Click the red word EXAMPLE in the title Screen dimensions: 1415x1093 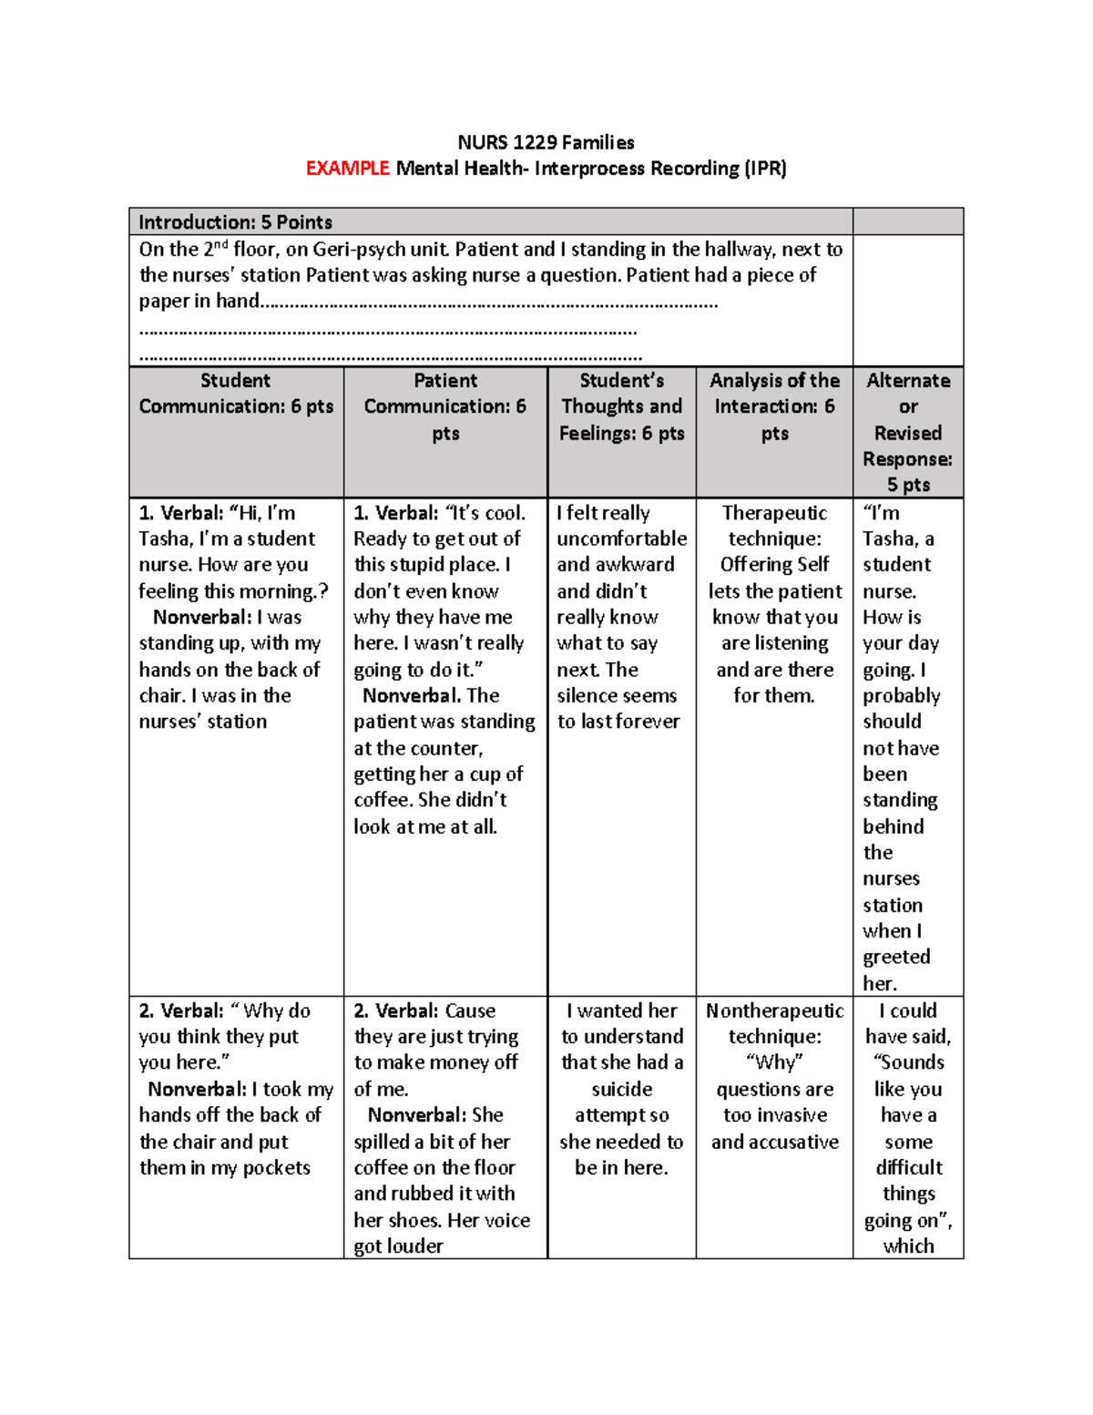[x=347, y=169]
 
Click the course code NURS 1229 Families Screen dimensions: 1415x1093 [x=546, y=142]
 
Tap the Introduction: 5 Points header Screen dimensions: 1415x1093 [x=235, y=222]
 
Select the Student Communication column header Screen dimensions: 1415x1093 [x=236, y=394]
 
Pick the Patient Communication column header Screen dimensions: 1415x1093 [x=444, y=406]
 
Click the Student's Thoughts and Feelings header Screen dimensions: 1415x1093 [x=621, y=406]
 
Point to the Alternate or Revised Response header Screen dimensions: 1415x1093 [x=907, y=432]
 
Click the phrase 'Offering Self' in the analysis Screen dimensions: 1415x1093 [x=774, y=565]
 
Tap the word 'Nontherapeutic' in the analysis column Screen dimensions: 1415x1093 [x=774, y=1010]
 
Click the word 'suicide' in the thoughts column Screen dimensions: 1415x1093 [x=621, y=1089]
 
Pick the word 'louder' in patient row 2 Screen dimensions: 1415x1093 [x=414, y=1246]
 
